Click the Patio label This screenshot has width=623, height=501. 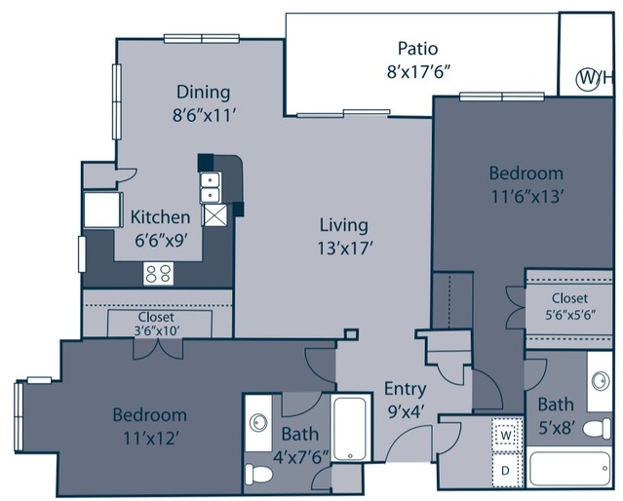pyautogui.click(x=418, y=49)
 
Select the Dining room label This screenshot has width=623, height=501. pyautogui.click(x=203, y=93)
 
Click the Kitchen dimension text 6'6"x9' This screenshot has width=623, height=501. pyautogui.click(x=161, y=241)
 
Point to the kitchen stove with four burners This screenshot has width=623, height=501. pyautogui.click(x=158, y=274)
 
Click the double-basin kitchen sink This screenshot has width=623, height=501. pyautogui.click(x=211, y=187)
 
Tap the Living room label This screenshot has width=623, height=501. pyautogui.click(x=344, y=225)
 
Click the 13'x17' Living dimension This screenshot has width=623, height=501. pyautogui.click(x=344, y=249)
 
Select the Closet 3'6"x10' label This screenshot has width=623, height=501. pyautogui.click(x=157, y=324)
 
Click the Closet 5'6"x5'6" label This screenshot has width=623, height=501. pyautogui.click(x=569, y=306)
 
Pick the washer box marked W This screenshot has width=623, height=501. pyautogui.click(x=506, y=435)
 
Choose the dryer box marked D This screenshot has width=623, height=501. pyautogui.click(x=505, y=471)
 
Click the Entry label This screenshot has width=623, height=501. pyautogui.click(x=406, y=389)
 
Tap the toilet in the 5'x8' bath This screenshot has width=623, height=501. pyautogui.click(x=597, y=429)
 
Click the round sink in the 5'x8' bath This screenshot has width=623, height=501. pyautogui.click(x=601, y=380)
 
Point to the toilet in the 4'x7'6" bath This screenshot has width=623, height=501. pyautogui.click(x=258, y=474)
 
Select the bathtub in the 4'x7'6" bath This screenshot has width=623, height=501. pyautogui.click(x=350, y=429)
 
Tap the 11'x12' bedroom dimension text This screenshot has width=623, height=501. pyautogui.click(x=150, y=439)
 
